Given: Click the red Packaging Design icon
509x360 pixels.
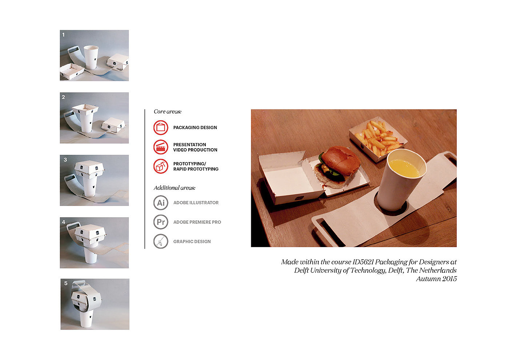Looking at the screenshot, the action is click(161, 128).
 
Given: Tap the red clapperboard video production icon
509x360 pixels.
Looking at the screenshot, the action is click(161, 147).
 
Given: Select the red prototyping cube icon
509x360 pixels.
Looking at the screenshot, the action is click(161, 166).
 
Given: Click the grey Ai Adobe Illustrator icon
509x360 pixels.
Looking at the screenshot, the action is click(161, 202).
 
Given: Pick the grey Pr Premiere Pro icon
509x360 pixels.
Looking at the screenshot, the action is click(161, 222).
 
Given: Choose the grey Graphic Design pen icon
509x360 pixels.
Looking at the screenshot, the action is click(161, 241).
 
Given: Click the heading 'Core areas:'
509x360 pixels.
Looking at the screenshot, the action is click(168, 112).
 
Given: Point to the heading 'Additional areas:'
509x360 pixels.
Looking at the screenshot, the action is click(174, 188).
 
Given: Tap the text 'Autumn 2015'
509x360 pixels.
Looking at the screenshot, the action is click(436, 279).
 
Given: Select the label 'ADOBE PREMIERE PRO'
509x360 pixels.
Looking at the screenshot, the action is click(197, 222).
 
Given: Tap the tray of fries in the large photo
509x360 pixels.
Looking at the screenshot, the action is click(378, 138).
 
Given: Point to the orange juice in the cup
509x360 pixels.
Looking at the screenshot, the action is click(404, 168).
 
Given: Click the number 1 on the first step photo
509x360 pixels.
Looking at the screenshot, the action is click(63, 35).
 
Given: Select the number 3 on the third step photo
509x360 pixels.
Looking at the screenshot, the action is click(65, 159).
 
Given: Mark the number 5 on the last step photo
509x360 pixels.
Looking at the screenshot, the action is click(66, 283).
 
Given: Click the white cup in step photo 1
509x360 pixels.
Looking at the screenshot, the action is click(91, 57).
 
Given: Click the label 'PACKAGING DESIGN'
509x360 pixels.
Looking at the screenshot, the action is click(195, 128).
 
